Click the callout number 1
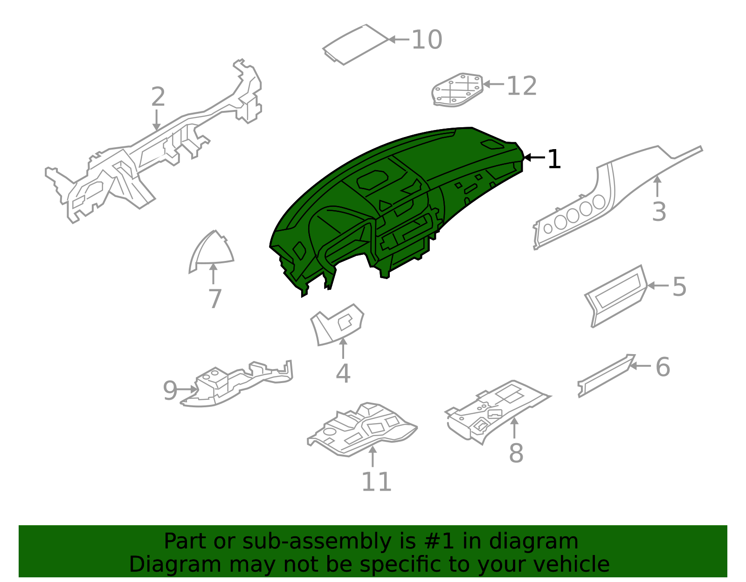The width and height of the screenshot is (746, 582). click(554, 159)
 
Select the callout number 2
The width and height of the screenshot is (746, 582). click(158, 97)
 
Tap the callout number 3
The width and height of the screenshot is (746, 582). click(659, 212)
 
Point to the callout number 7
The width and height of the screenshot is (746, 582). click(215, 298)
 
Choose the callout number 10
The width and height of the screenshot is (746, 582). click(427, 40)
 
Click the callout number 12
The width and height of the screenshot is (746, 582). click(521, 86)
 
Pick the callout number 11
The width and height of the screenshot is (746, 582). click(376, 481)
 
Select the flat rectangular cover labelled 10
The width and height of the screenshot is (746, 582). click(355, 44)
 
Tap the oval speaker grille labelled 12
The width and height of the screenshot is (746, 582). click(457, 90)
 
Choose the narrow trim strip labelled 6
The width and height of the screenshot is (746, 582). click(607, 376)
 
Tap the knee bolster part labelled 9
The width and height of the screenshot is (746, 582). click(237, 384)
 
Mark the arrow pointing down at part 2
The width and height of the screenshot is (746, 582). click(157, 120)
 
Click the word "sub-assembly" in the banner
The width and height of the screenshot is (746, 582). click(317, 541)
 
